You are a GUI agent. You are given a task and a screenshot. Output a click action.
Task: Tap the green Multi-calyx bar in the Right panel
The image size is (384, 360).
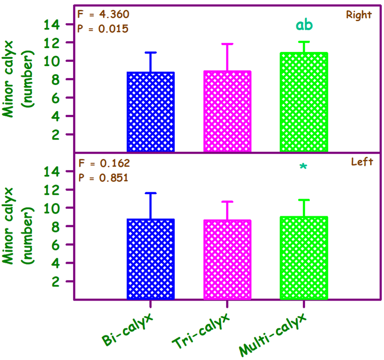304,102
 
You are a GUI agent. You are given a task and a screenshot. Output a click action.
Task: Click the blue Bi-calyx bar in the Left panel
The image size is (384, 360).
150,259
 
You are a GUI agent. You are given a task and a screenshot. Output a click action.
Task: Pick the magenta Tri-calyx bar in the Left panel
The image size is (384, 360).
227,260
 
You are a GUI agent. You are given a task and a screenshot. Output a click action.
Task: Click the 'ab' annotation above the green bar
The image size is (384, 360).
304,25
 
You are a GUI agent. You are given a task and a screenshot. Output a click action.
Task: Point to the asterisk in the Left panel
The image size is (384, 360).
303,168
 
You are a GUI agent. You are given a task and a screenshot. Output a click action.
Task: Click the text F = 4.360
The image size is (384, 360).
103,15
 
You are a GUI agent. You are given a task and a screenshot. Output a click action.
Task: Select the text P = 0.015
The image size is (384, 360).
103,29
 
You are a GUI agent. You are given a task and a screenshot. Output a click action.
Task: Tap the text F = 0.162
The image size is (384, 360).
103,163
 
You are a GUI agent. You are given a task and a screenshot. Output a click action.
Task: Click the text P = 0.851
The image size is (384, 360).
103,177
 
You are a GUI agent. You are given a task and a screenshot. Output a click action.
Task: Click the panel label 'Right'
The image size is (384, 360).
359,15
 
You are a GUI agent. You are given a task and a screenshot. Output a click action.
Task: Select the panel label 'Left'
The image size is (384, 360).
362,162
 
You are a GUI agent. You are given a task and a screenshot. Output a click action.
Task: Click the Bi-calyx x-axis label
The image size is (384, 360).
128,330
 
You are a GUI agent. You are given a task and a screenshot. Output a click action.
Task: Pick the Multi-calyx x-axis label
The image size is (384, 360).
273,335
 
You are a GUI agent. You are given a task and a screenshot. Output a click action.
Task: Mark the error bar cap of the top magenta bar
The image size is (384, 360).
227,44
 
